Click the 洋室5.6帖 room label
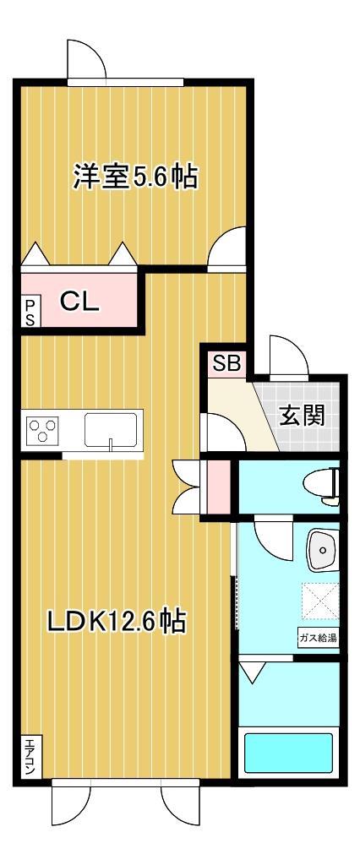[134, 178]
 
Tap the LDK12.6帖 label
[116, 622]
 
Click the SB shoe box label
[226, 364]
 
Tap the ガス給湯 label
[317, 637]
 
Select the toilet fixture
[325, 485]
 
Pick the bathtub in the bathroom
[288, 753]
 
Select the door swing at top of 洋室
[85, 58]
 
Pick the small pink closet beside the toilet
[218, 487]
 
